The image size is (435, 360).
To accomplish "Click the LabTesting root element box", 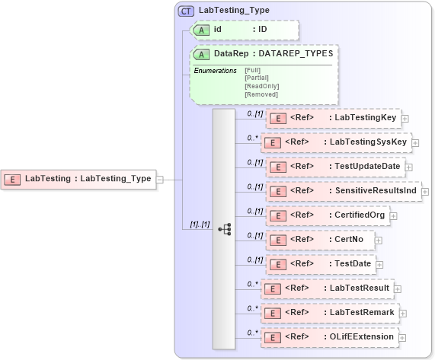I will click(x=78, y=179).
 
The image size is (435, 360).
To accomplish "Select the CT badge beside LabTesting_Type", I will click(x=186, y=11).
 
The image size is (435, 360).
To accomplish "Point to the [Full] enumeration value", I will click(x=253, y=70).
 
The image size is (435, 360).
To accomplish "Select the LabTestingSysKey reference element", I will click(x=335, y=142).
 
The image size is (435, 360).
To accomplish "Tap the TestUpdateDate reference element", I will click(x=335, y=166).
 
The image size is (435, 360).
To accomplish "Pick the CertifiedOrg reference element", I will click(x=328, y=215).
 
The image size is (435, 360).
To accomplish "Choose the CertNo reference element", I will click(x=319, y=240).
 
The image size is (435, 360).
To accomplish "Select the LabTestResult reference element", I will click(x=326, y=288).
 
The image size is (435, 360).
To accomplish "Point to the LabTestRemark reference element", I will click(x=328, y=313).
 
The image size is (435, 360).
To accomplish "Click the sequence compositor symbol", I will click(x=224, y=228).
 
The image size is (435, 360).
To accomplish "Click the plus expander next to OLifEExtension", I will click(x=402, y=337).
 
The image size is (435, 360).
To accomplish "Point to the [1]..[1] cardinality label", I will click(x=200, y=225).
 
